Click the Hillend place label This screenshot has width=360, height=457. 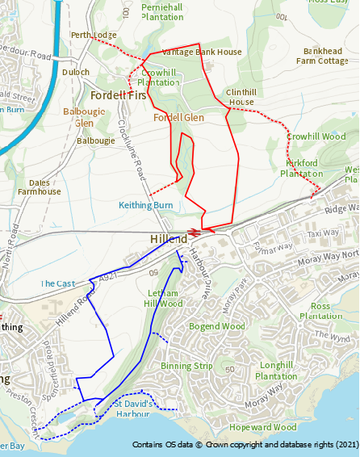[x=169, y=240]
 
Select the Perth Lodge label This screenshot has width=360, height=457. [x=94, y=36]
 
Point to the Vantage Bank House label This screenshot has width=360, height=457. [x=202, y=52]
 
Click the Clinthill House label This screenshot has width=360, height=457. [x=241, y=97]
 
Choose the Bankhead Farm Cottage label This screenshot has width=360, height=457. [x=321, y=55]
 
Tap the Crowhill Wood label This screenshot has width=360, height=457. [x=316, y=137]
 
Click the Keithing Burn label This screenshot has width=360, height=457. [x=146, y=205]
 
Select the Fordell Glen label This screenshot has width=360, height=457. [x=178, y=118]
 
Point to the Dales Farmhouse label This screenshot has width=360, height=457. [x=39, y=187]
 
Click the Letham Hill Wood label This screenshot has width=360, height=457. [x=163, y=299]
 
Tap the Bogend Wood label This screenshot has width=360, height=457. [x=216, y=326]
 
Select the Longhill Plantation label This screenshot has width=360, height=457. [x=276, y=371]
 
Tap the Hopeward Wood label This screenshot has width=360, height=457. [x=262, y=427]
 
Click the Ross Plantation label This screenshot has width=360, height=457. [x=320, y=311]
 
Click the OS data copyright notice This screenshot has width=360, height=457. [x=245, y=445]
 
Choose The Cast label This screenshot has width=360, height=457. [x=57, y=284]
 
